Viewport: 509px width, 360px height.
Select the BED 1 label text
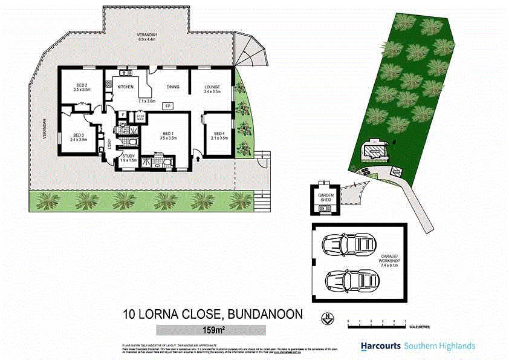click(169, 134)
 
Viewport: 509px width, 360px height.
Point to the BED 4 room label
click(218, 133)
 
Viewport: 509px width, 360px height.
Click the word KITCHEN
click(126, 87)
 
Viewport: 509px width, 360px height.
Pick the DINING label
click(173, 87)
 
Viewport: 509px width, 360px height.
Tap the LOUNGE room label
click(212, 87)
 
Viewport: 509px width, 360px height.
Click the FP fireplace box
click(167, 106)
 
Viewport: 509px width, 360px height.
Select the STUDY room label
click(129, 156)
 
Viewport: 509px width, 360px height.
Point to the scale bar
click(376, 321)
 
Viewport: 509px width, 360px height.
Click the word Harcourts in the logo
click(381, 346)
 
